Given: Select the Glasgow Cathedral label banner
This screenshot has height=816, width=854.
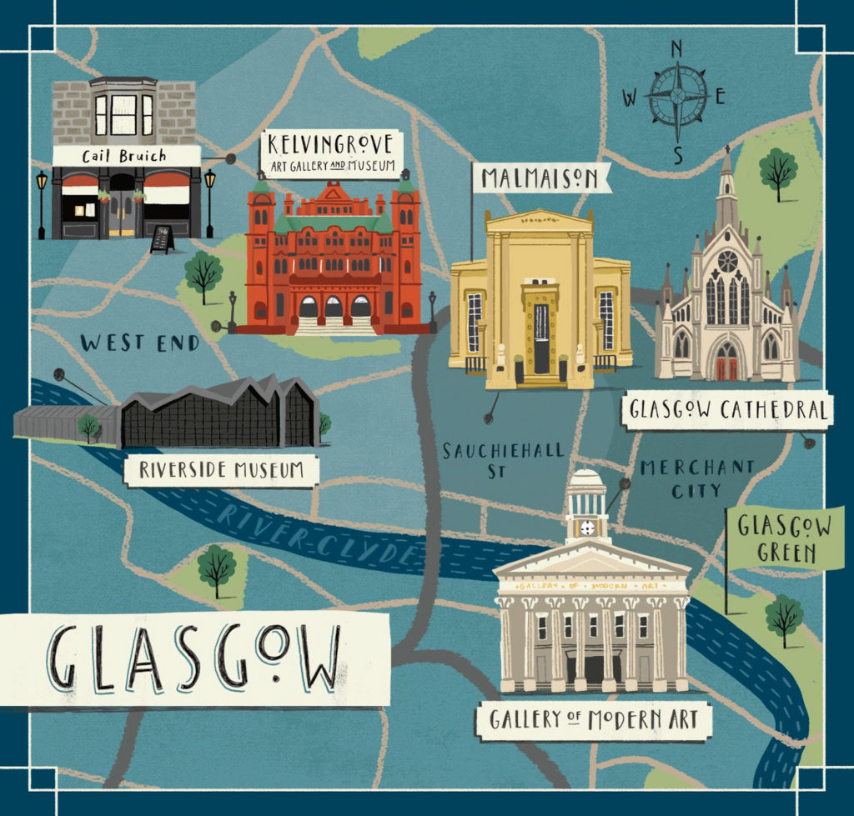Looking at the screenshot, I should tap(726, 410).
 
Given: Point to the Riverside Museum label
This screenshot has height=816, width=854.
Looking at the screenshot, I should tap(221, 470).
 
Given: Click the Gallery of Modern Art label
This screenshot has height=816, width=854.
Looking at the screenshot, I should tap(593, 719).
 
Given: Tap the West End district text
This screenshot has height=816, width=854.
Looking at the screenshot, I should tap(140, 343).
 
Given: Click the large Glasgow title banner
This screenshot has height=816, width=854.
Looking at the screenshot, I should tap(193, 658).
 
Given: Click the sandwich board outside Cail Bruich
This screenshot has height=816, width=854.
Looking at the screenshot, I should tap(162, 239).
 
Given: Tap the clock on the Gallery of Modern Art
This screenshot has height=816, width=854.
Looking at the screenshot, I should tap(588, 528).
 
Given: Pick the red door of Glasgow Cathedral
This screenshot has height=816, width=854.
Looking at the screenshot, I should tap(727, 362).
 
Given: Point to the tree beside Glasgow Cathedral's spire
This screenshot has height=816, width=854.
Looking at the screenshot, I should tap(778, 171).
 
